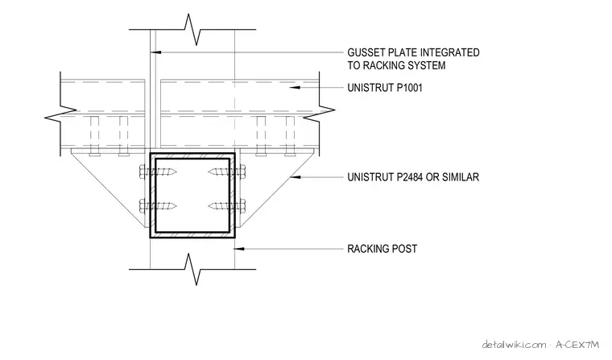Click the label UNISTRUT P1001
coord(385,88)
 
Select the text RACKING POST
coord(382,249)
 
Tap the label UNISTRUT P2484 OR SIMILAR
coord(413,177)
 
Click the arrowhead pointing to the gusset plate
coord(156,52)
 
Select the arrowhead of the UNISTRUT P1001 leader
coord(295,88)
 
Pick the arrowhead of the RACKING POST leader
coord(240,249)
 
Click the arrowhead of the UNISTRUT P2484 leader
coord(295,177)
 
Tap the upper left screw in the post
coord(158,172)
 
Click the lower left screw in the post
coord(158,205)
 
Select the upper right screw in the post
coord(227,172)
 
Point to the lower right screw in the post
coord(227,205)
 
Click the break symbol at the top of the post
coord(192,29)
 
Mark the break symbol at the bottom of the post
coord(192,269)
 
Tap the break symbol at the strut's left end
coord(60,114)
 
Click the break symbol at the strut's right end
coord(319,114)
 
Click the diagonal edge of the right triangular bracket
coord(278,189)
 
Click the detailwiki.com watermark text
coord(515,345)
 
